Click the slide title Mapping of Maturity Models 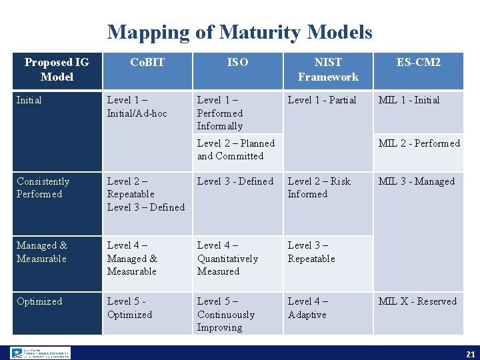click(x=239, y=32)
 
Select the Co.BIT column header click(x=147, y=63)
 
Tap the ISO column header click(x=237, y=63)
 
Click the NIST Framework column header click(x=328, y=69)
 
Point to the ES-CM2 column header click(x=419, y=63)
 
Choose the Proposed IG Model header click(x=57, y=69)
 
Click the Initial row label click(x=29, y=100)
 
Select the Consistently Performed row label click(x=43, y=187)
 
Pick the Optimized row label click(x=39, y=301)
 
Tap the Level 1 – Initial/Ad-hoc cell click(x=137, y=107)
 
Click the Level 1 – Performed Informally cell click(x=221, y=113)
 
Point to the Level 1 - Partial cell click(x=322, y=100)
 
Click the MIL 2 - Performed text click(x=419, y=143)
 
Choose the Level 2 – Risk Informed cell click(x=319, y=187)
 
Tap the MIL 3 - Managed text click(x=417, y=181)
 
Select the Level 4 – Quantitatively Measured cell click(x=227, y=258)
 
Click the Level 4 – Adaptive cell click(x=308, y=307)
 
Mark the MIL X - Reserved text click(x=418, y=301)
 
